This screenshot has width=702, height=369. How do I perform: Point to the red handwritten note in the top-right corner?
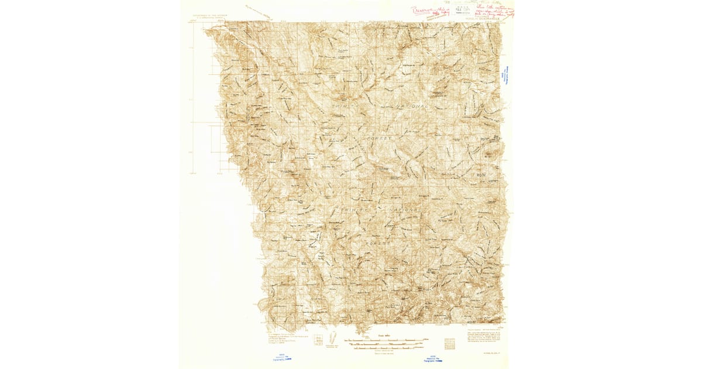pyautogui.click(x=494, y=11)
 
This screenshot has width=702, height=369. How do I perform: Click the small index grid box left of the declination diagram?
pyautogui.click(x=317, y=340)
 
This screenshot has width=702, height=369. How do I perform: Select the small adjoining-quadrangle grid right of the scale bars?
pyautogui.click(x=450, y=342)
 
